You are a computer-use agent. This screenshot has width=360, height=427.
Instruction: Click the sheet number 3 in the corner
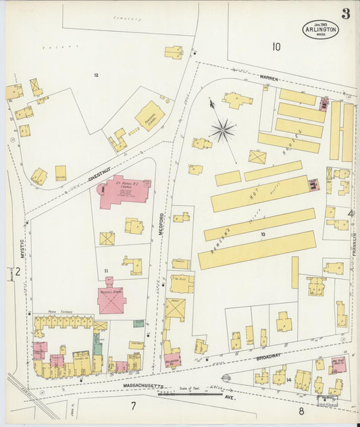(345, 14)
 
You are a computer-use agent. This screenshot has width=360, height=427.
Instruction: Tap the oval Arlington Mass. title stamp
(321, 29)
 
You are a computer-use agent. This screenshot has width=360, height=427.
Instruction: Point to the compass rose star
(222, 128)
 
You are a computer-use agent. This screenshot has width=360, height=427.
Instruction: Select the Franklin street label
(353, 243)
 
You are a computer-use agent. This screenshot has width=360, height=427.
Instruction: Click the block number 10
(276, 47)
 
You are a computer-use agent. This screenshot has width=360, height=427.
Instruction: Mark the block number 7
(134, 405)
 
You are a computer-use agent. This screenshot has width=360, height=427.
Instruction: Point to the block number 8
(301, 409)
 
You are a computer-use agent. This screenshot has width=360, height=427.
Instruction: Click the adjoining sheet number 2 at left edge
(18, 272)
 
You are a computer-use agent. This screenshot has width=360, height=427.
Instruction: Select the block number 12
(96, 75)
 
